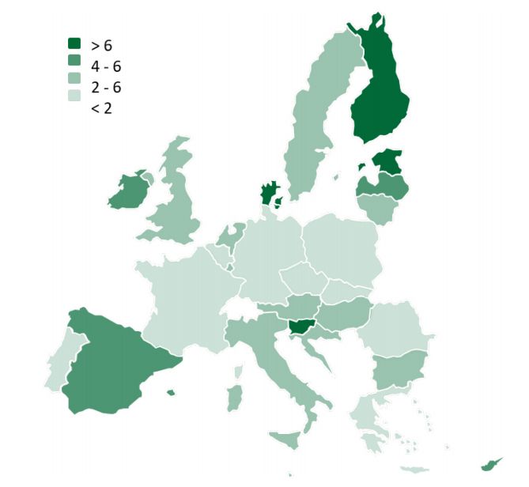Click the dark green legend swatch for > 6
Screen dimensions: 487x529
tap(75, 46)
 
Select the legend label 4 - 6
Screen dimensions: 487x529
tap(106, 66)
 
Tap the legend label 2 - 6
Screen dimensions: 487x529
tap(106, 87)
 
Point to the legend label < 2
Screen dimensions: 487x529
tap(101, 108)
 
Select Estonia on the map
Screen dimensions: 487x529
tap(386, 163)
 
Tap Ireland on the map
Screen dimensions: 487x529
tap(129, 191)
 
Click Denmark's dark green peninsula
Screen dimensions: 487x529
tap(270, 192)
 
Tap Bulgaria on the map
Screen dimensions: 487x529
tap(399, 368)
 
